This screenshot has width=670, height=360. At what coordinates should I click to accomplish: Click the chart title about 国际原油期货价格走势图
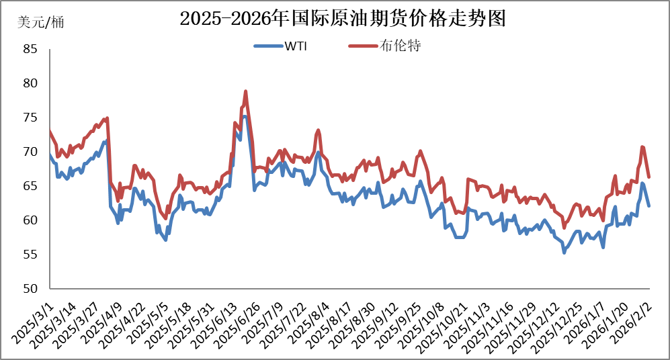(x=342, y=18)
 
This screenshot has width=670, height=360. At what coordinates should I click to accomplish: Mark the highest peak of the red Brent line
(x=246, y=91)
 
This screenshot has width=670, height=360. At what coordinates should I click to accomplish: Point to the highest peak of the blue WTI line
(x=245, y=116)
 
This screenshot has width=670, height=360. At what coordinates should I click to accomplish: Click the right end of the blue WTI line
(x=648, y=206)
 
